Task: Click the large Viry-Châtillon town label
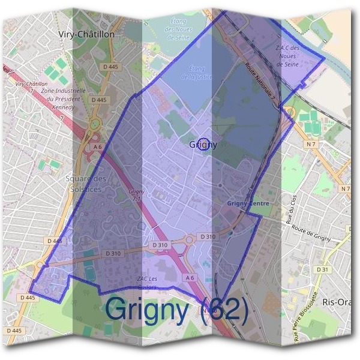point(86,35)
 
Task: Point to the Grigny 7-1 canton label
point(136,194)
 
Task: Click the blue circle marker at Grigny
point(204,144)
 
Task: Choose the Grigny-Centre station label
point(248,204)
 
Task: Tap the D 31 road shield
point(325,269)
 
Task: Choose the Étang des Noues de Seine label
point(178,29)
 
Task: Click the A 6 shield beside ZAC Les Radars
point(190,278)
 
